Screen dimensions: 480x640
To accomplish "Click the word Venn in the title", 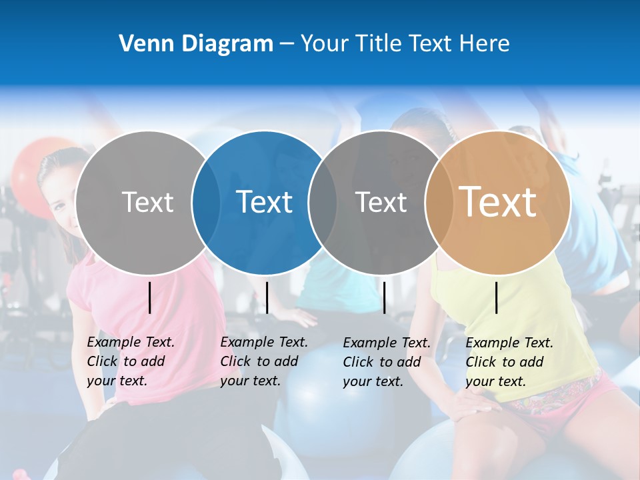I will tap(142, 44).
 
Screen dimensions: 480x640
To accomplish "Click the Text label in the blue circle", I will tap(265, 202).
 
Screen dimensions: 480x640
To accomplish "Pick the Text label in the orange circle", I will tap(498, 202).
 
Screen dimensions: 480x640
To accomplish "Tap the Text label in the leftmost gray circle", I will tap(147, 202).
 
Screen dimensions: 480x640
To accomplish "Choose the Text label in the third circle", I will tap(381, 202).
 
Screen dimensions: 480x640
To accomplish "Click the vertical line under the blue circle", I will tap(267, 297).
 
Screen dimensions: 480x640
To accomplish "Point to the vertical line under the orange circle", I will tap(497, 297).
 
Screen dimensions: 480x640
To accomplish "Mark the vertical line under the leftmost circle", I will tap(150, 297).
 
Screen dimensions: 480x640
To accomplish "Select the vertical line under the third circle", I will tap(385, 297).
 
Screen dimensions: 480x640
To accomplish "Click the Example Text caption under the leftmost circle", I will tap(131, 361).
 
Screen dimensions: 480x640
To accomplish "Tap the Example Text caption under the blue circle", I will tap(264, 361).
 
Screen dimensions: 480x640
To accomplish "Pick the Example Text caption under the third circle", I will tap(387, 362).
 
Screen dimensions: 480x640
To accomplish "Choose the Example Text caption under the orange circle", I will tap(509, 362).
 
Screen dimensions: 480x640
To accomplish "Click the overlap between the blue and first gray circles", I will tap(206, 202).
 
